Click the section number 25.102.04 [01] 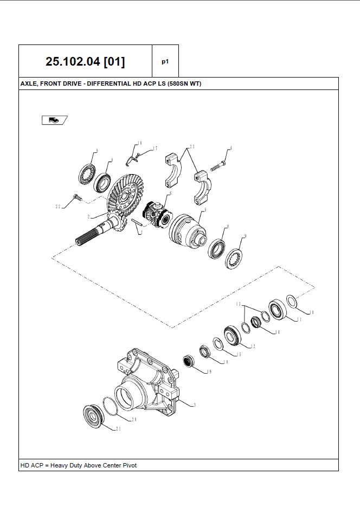pyautogui.click(x=85, y=61)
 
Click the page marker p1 pyautogui.click(x=165, y=61)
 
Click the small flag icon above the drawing pyautogui.click(x=54, y=120)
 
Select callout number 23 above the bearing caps pyautogui.click(x=192, y=147)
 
